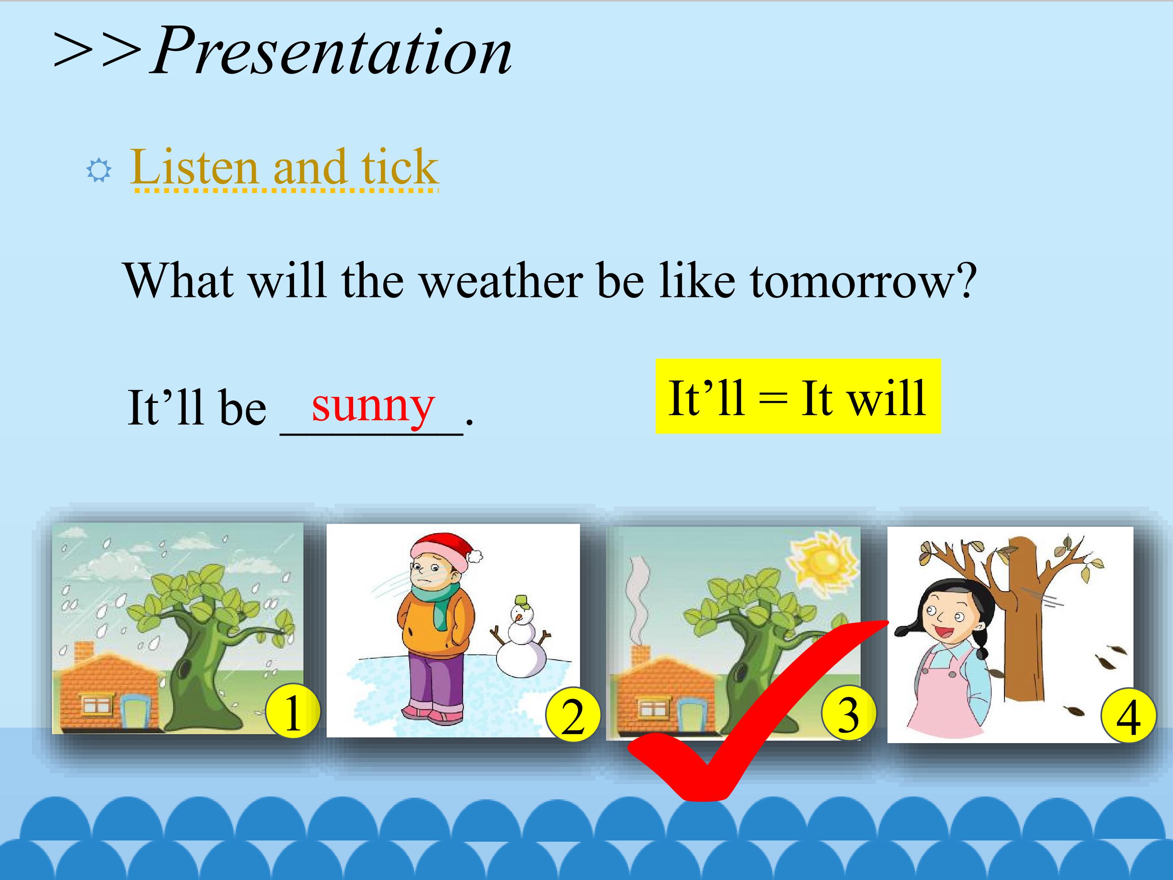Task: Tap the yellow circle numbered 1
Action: click(292, 713)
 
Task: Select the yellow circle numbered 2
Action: click(573, 716)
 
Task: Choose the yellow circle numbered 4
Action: click(1129, 716)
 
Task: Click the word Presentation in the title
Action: click(332, 51)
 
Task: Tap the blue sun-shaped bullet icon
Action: click(99, 170)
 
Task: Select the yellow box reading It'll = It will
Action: click(798, 396)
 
